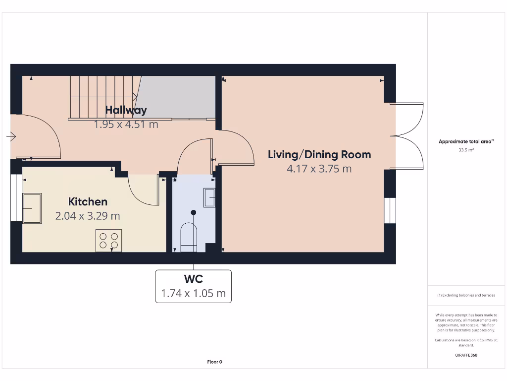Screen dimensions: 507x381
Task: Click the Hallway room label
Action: [x=126, y=111]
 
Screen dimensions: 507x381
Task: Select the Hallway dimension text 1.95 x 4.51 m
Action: [x=126, y=125]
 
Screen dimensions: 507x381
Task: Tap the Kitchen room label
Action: [x=88, y=202]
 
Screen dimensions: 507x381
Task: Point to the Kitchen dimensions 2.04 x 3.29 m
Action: [x=88, y=216]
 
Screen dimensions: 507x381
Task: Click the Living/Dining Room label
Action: [x=319, y=155]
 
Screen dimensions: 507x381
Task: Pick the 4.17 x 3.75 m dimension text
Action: [x=319, y=169]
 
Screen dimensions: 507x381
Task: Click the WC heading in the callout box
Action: [x=194, y=279]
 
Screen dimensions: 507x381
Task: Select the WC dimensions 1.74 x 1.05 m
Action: [x=194, y=294]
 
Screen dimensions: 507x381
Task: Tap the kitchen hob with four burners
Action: [x=108, y=241]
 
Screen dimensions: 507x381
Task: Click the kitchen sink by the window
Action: [x=32, y=208]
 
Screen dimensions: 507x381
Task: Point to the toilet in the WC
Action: [x=189, y=237]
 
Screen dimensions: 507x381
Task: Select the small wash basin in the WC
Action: [x=209, y=197]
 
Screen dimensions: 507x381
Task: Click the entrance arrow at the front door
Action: [x=11, y=137]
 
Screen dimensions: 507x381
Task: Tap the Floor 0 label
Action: [x=215, y=362]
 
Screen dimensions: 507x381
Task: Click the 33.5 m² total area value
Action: [x=466, y=150]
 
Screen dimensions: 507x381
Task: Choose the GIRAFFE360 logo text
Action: [x=466, y=355]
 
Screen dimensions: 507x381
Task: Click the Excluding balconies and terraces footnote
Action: [x=466, y=295]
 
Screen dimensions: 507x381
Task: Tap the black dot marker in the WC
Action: [x=194, y=212]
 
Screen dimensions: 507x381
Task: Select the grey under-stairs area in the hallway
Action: [x=178, y=97]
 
